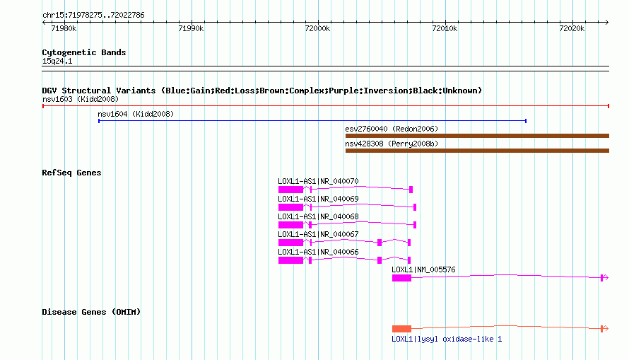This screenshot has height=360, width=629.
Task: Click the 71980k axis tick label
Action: tap(64, 28)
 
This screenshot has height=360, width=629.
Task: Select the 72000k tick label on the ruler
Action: tap(318, 28)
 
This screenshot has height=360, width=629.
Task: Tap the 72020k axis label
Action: tap(572, 28)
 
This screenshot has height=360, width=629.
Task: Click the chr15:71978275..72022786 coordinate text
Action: tap(93, 16)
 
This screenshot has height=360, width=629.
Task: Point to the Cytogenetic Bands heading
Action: tap(84, 52)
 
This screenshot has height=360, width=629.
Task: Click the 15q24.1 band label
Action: tap(57, 61)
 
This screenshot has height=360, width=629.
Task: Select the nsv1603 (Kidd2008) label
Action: tap(81, 99)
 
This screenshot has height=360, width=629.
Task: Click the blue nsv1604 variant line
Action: tap(312, 121)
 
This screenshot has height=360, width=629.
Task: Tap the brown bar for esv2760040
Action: tap(477, 136)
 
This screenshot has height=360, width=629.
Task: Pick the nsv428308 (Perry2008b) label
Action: tap(392, 144)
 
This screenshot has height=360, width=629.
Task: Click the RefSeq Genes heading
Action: tap(71, 173)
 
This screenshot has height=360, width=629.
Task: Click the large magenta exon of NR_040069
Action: tap(291, 207)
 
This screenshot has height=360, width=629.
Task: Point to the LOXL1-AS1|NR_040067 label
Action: tap(318, 234)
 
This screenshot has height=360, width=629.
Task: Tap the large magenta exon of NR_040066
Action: tap(291, 260)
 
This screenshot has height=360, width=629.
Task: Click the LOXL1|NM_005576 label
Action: tap(423, 269)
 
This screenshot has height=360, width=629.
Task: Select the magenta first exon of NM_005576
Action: tap(401, 278)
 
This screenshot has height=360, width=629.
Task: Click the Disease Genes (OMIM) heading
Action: tap(91, 312)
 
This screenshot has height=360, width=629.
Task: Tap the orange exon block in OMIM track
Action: tap(401, 329)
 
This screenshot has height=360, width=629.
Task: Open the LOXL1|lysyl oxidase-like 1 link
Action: tap(447, 339)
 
